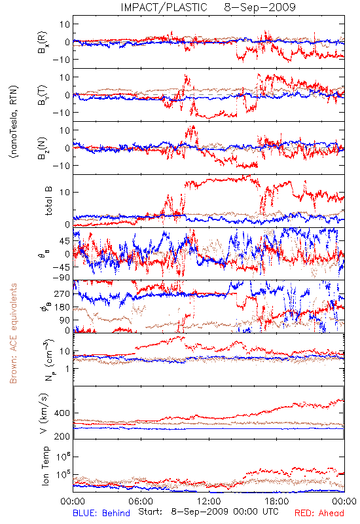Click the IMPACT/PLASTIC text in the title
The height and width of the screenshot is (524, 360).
[x=164, y=7]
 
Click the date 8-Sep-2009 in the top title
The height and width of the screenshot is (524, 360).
[x=260, y=7]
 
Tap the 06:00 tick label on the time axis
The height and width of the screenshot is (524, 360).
[x=141, y=501]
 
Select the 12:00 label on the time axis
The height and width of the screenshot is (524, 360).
[x=209, y=501]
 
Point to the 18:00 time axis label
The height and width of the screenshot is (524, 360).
[x=277, y=501]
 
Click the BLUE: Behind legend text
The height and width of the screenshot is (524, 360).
[x=101, y=513]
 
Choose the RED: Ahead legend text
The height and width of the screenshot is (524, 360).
[x=319, y=513]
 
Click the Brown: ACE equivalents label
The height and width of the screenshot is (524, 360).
[x=13, y=333]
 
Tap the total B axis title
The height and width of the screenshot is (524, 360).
[x=48, y=201]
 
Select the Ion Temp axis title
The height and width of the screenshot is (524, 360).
[x=45, y=466]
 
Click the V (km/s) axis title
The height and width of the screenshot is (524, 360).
[x=44, y=413]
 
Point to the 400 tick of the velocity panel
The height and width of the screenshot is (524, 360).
[x=62, y=413]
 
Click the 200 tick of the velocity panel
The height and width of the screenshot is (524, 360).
[x=62, y=436]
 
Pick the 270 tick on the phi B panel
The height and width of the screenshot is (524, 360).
[x=62, y=293]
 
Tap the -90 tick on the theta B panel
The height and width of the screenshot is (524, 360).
[x=61, y=277]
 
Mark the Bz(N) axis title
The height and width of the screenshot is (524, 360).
[x=43, y=148]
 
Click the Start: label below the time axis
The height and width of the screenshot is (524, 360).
[x=151, y=512]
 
